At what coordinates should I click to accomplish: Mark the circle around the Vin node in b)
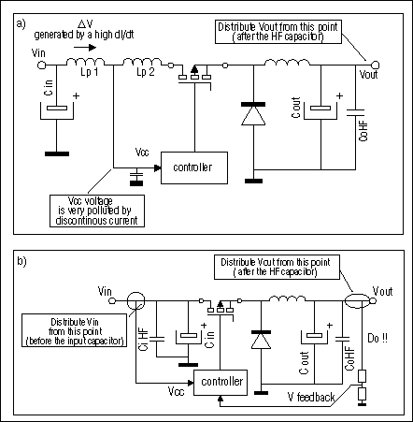135,302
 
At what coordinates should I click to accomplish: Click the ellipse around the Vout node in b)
356,301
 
